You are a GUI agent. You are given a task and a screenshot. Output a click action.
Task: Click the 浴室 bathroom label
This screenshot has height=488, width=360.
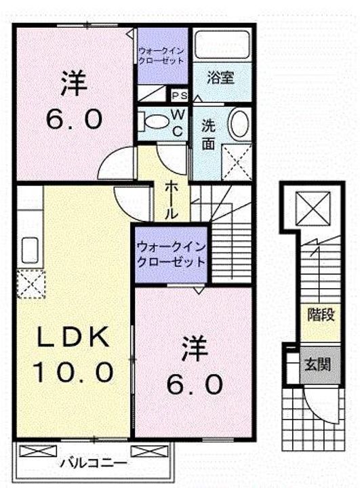[x=220, y=78]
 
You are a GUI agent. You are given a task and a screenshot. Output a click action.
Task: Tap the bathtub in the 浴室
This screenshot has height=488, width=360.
[x=221, y=46]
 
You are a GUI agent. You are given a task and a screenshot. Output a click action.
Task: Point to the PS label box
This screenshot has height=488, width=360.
[x=180, y=96]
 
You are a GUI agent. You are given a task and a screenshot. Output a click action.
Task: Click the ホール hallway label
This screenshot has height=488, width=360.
[x=172, y=199]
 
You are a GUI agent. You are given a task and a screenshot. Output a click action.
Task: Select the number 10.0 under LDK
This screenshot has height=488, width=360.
[x=71, y=372]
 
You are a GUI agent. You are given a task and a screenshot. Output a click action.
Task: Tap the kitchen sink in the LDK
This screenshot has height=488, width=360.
[x=30, y=249]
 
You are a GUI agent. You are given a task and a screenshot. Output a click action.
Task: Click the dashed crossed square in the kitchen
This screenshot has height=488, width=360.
[x=30, y=283]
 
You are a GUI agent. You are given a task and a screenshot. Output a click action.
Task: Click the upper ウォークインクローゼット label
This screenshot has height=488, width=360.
[x=161, y=55]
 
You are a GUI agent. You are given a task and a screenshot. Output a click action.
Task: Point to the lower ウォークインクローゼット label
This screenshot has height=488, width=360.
[x=170, y=253]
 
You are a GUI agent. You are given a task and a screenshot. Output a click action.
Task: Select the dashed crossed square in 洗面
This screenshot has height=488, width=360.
[x=238, y=163]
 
